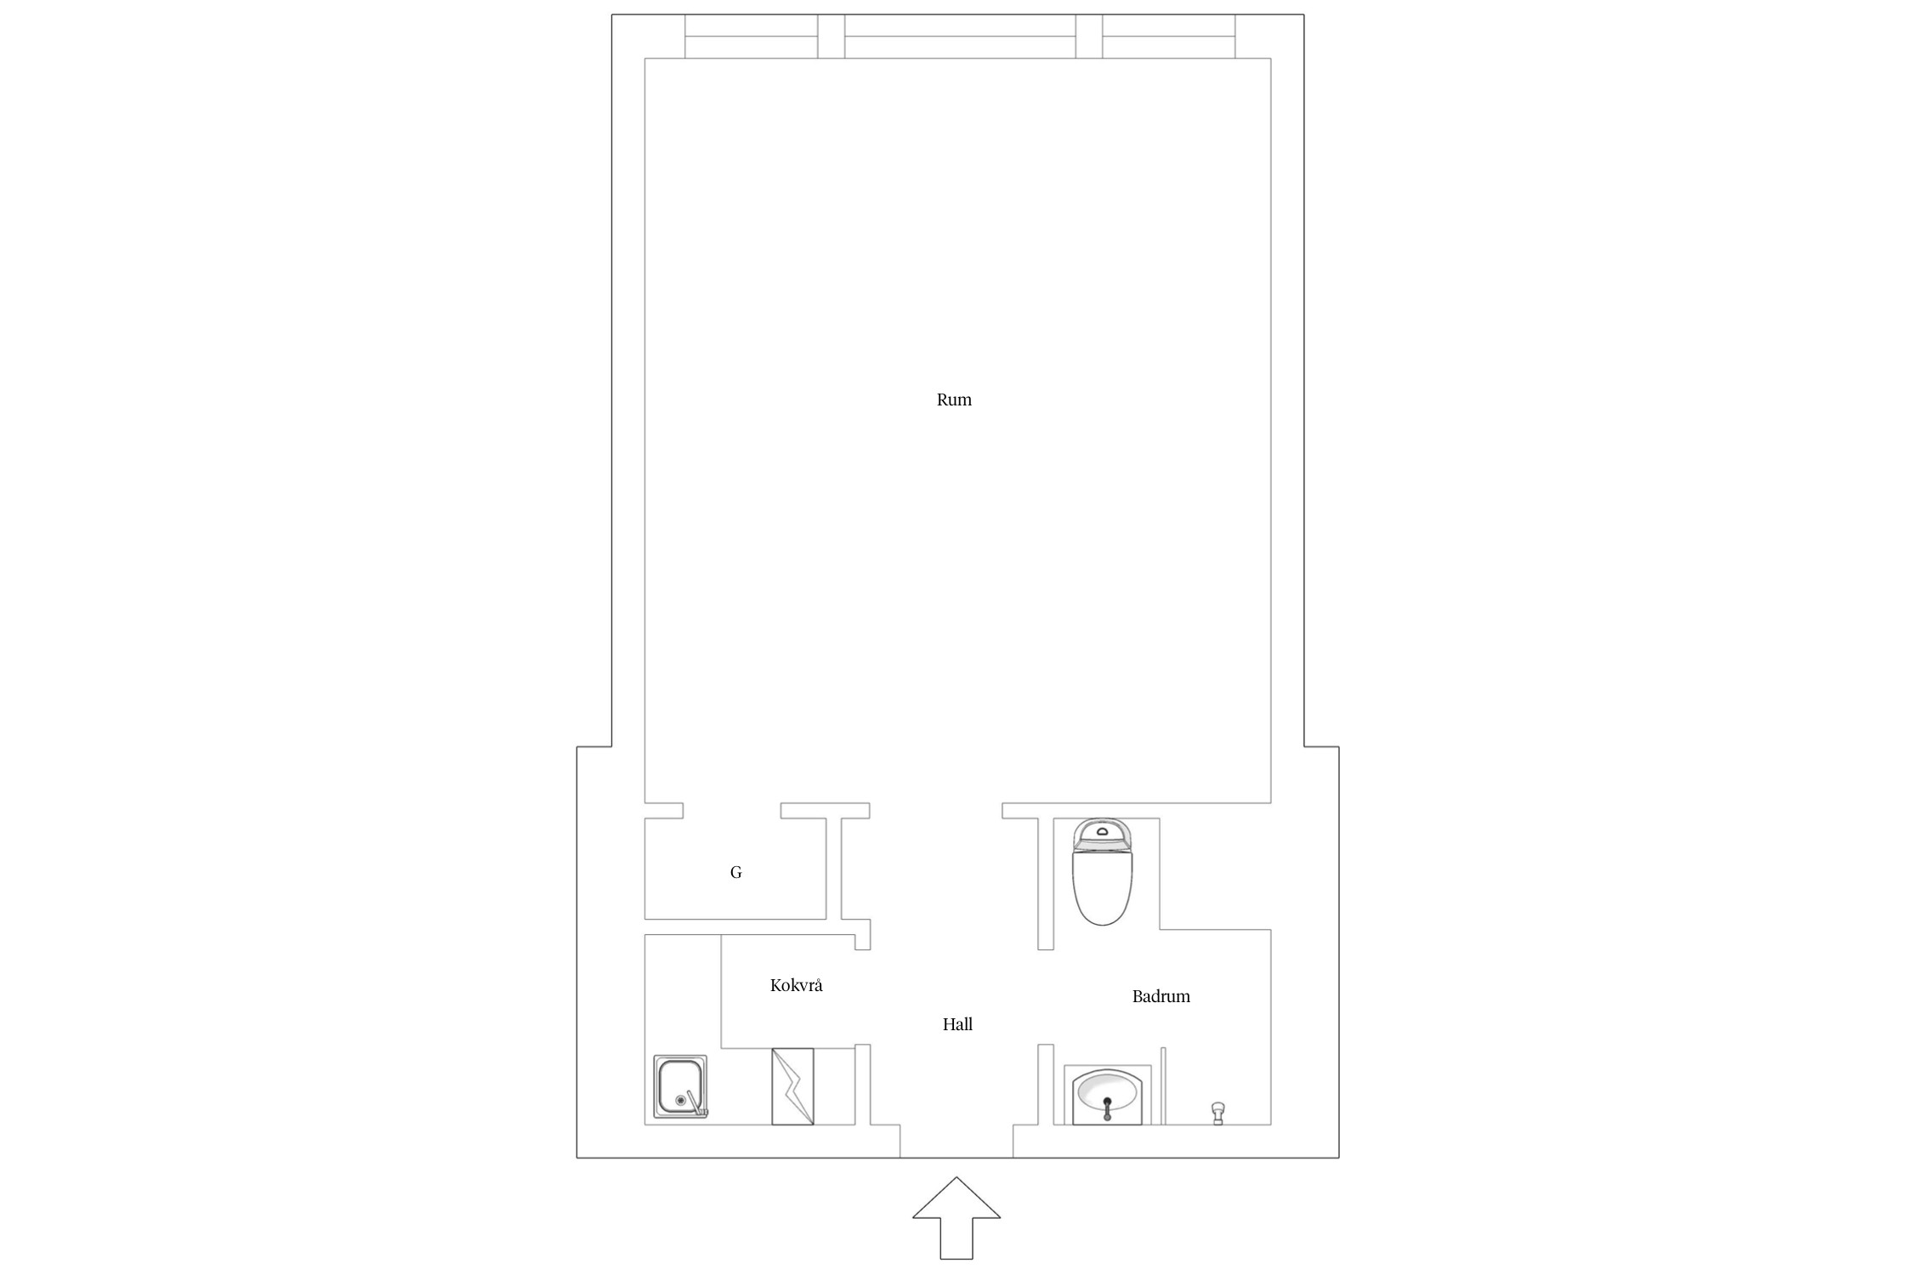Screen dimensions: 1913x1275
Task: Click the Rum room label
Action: click(x=954, y=399)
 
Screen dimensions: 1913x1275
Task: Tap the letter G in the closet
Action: click(x=736, y=872)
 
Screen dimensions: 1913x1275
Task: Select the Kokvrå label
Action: click(x=797, y=985)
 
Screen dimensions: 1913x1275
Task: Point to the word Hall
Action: click(x=957, y=1024)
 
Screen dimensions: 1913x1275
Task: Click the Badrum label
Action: click(x=1161, y=996)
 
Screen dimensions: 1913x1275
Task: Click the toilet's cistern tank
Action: click(x=1103, y=834)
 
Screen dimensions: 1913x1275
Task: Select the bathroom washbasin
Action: click(x=1106, y=1096)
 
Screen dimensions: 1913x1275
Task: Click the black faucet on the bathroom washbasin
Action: click(x=1106, y=1108)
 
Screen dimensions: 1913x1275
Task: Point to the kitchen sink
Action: click(x=680, y=1086)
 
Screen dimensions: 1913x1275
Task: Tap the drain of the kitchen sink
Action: click(x=680, y=1100)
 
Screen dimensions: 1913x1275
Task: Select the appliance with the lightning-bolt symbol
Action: click(x=792, y=1086)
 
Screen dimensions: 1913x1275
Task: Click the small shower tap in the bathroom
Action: click(x=1218, y=1113)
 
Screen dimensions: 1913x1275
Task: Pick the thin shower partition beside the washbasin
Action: click(x=1163, y=1085)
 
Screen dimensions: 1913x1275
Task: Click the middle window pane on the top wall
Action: click(x=960, y=37)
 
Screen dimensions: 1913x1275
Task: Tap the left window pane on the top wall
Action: click(x=752, y=37)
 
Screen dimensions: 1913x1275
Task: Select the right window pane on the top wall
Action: click(x=1169, y=37)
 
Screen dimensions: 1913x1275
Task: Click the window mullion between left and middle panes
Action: click(x=832, y=37)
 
